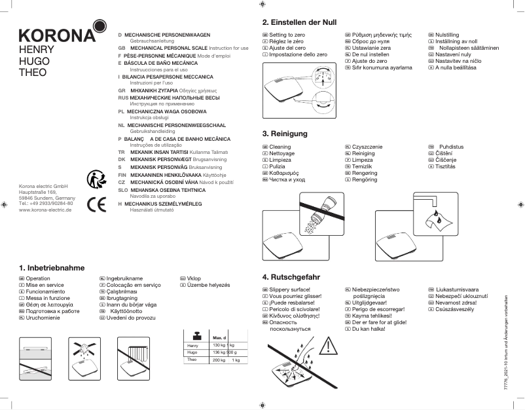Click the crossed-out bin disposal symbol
[x=96, y=178]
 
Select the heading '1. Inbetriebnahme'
[x=52, y=268]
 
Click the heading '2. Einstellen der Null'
[x=299, y=22]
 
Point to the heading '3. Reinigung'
[x=285, y=134]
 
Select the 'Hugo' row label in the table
[x=192, y=352]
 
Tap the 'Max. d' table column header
[x=219, y=337]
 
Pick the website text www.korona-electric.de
[x=46, y=210]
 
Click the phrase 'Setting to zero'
[x=287, y=33]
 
